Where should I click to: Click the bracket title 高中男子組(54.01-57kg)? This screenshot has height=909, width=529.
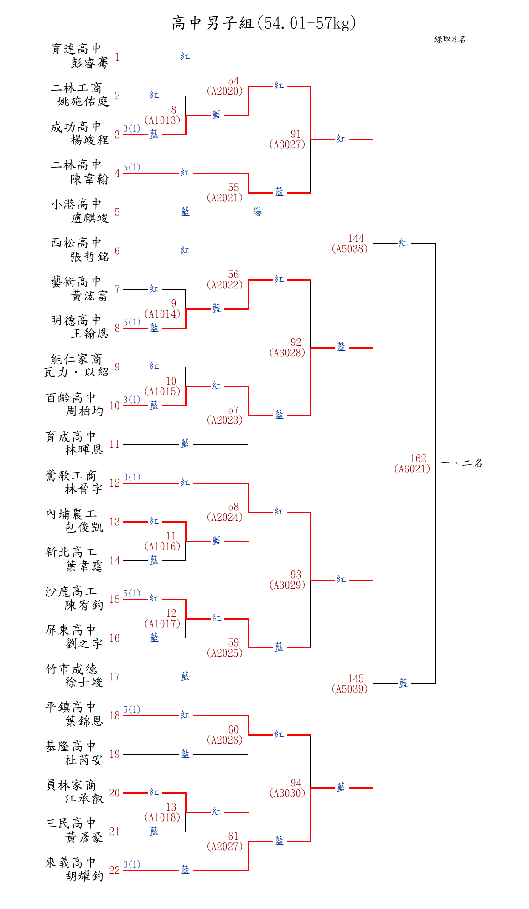[264, 23]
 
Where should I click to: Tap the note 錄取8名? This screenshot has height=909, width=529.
[450, 39]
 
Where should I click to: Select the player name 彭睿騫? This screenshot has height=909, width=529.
[90, 63]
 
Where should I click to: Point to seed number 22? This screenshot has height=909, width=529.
[114, 870]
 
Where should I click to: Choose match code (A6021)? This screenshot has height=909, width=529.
[412, 469]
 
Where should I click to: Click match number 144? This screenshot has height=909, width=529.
[356, 238]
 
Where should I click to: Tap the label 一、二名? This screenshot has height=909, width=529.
[462, 463]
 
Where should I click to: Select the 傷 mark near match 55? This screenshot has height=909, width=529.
[257, 211]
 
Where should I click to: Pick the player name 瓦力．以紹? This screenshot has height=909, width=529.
[76, 372]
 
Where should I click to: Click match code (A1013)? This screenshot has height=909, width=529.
[162, 120]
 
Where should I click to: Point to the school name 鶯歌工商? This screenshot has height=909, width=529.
[71, 476]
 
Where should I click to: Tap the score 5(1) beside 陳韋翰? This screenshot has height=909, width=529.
[132, 167]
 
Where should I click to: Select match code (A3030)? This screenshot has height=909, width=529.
[287, 793]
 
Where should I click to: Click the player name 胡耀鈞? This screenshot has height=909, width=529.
[84, 876]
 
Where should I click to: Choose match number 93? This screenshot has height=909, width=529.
[296, 575]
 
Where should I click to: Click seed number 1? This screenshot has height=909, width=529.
[117, 57]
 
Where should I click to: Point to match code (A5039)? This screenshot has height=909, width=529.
[350, 689]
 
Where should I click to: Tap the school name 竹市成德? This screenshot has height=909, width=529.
[71, 669]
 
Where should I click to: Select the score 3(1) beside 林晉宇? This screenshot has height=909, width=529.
[132, 477]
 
